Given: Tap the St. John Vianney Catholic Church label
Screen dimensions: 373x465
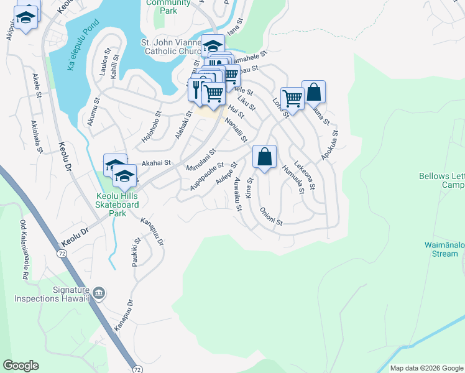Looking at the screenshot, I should coord(172,47).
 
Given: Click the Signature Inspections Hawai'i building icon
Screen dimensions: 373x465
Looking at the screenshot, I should coord(99,292).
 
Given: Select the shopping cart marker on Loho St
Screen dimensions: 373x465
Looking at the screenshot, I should coord(292,98).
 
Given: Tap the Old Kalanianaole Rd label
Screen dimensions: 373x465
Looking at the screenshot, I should coord(25,249).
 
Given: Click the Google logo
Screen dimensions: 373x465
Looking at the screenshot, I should coord(21,366).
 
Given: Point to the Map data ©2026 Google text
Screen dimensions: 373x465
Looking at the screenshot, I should coord(426,368).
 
